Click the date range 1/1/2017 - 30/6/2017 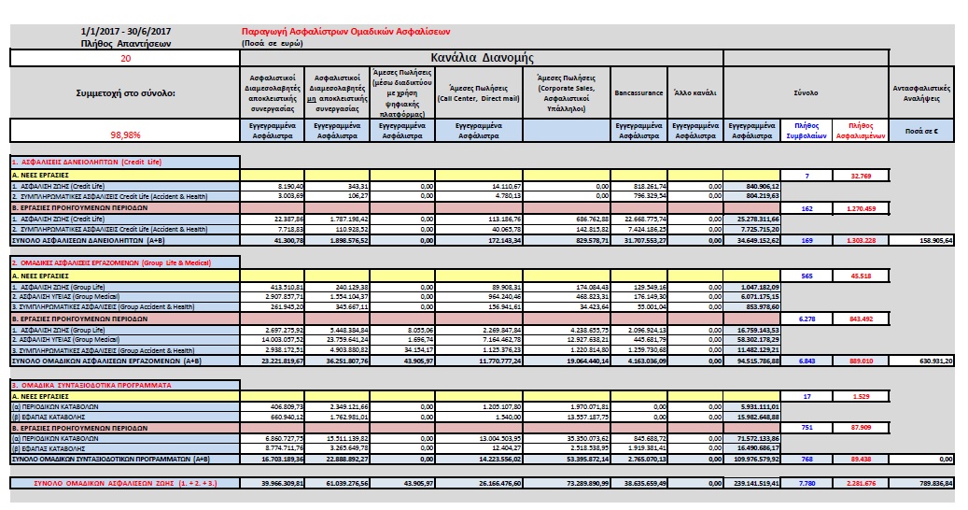tap(125, 32)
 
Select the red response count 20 tap(125, 57)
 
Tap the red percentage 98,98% tap(125, 134)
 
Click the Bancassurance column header tap(638, 93)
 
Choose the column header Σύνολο tap(806, 93)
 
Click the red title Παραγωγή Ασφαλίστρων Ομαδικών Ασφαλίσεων tap(347, 32)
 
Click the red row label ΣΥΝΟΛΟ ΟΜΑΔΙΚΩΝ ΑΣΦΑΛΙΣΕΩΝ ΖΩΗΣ tap(125, 483)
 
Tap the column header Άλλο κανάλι tap(693, 93)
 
